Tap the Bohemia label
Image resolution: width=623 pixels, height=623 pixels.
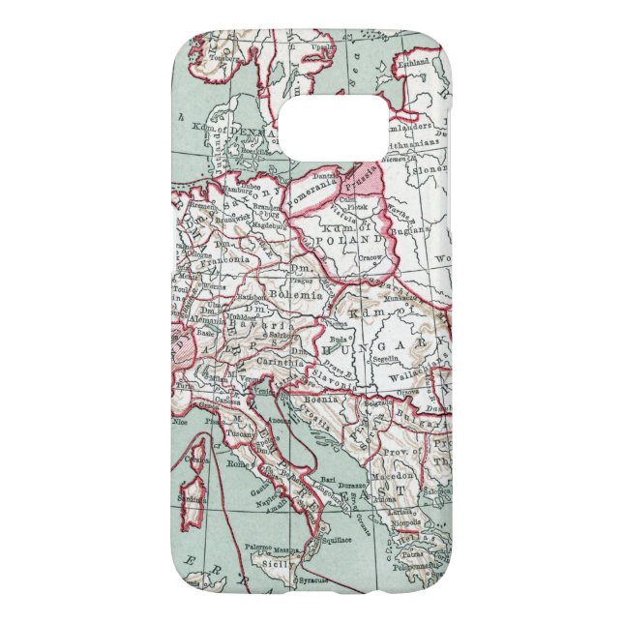pos(295,293)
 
